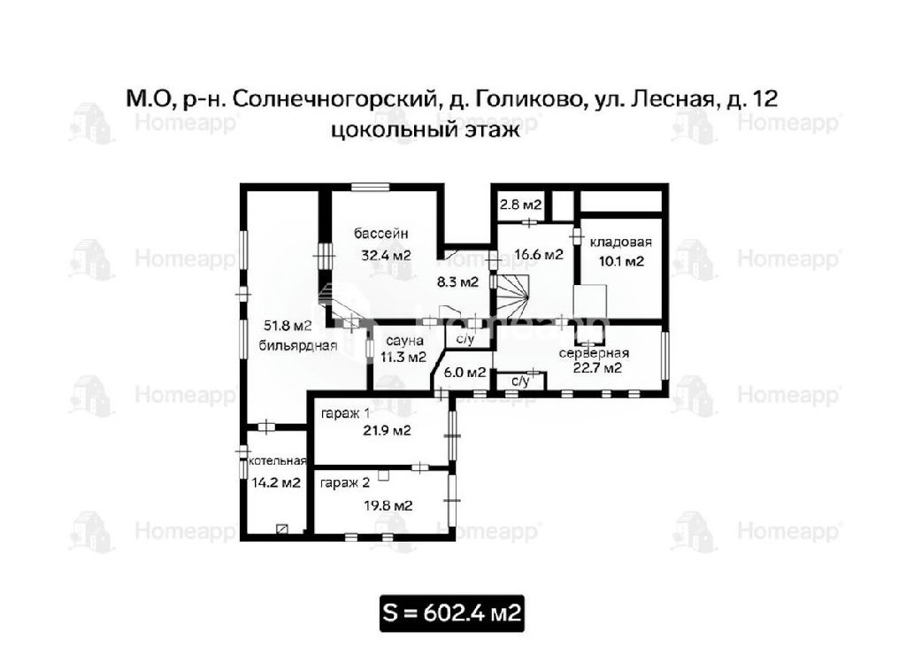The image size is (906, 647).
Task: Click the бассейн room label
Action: pyautogui.click(x=380, y=234)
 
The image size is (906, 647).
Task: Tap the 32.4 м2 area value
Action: pyautogui.click(x=386, y=254)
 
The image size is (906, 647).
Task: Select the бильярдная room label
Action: pyautogui.click(x=297, y=346)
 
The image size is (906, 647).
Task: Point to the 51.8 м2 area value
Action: pyautogui.click(x=288, y=326)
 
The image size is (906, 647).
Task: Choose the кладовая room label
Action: pyautogui.click(x=620, y=243)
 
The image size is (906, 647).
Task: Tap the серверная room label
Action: pyautogui.click(x=594, y=353)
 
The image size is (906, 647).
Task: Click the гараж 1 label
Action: pyautogui.click(x=346, y=414)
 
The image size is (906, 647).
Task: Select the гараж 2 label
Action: pyautogui.click(x=345, y=482)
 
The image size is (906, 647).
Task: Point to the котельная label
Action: pyautogui.click(x=277, y=461)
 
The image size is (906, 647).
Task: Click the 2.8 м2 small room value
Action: pyautogui.click(x=520, y=204)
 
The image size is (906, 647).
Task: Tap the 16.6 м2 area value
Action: pyautogui.click(x=539, y=254)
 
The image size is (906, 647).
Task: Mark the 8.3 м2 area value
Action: pyautogui.click(x=457, y=282)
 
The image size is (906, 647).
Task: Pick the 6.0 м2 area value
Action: pyautogui.click(x=465, y=373)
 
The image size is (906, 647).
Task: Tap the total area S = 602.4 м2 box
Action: pyautogui.click(x=452, y=612)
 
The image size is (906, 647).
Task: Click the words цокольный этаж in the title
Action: pyautogui.click(x=426, y=129)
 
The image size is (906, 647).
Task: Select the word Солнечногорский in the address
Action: pyautogui.click(x=334, y=99)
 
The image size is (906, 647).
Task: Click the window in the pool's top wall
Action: pyautogui.click(x=371, y=187)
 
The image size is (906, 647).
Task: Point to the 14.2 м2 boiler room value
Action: pyautogui.click(x=276, y=482)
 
